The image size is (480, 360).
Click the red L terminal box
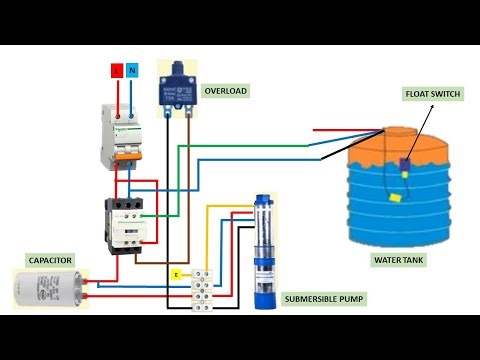(116, 72)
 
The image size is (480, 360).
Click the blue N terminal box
(133, 72)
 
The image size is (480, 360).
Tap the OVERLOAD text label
(225, 91)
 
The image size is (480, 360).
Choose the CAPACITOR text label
(50, 260)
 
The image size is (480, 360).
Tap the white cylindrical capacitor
(49, 290)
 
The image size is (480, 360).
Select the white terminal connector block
(206, 287)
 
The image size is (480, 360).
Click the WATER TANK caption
(402, 260)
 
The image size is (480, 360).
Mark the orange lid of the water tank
(400, 149)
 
